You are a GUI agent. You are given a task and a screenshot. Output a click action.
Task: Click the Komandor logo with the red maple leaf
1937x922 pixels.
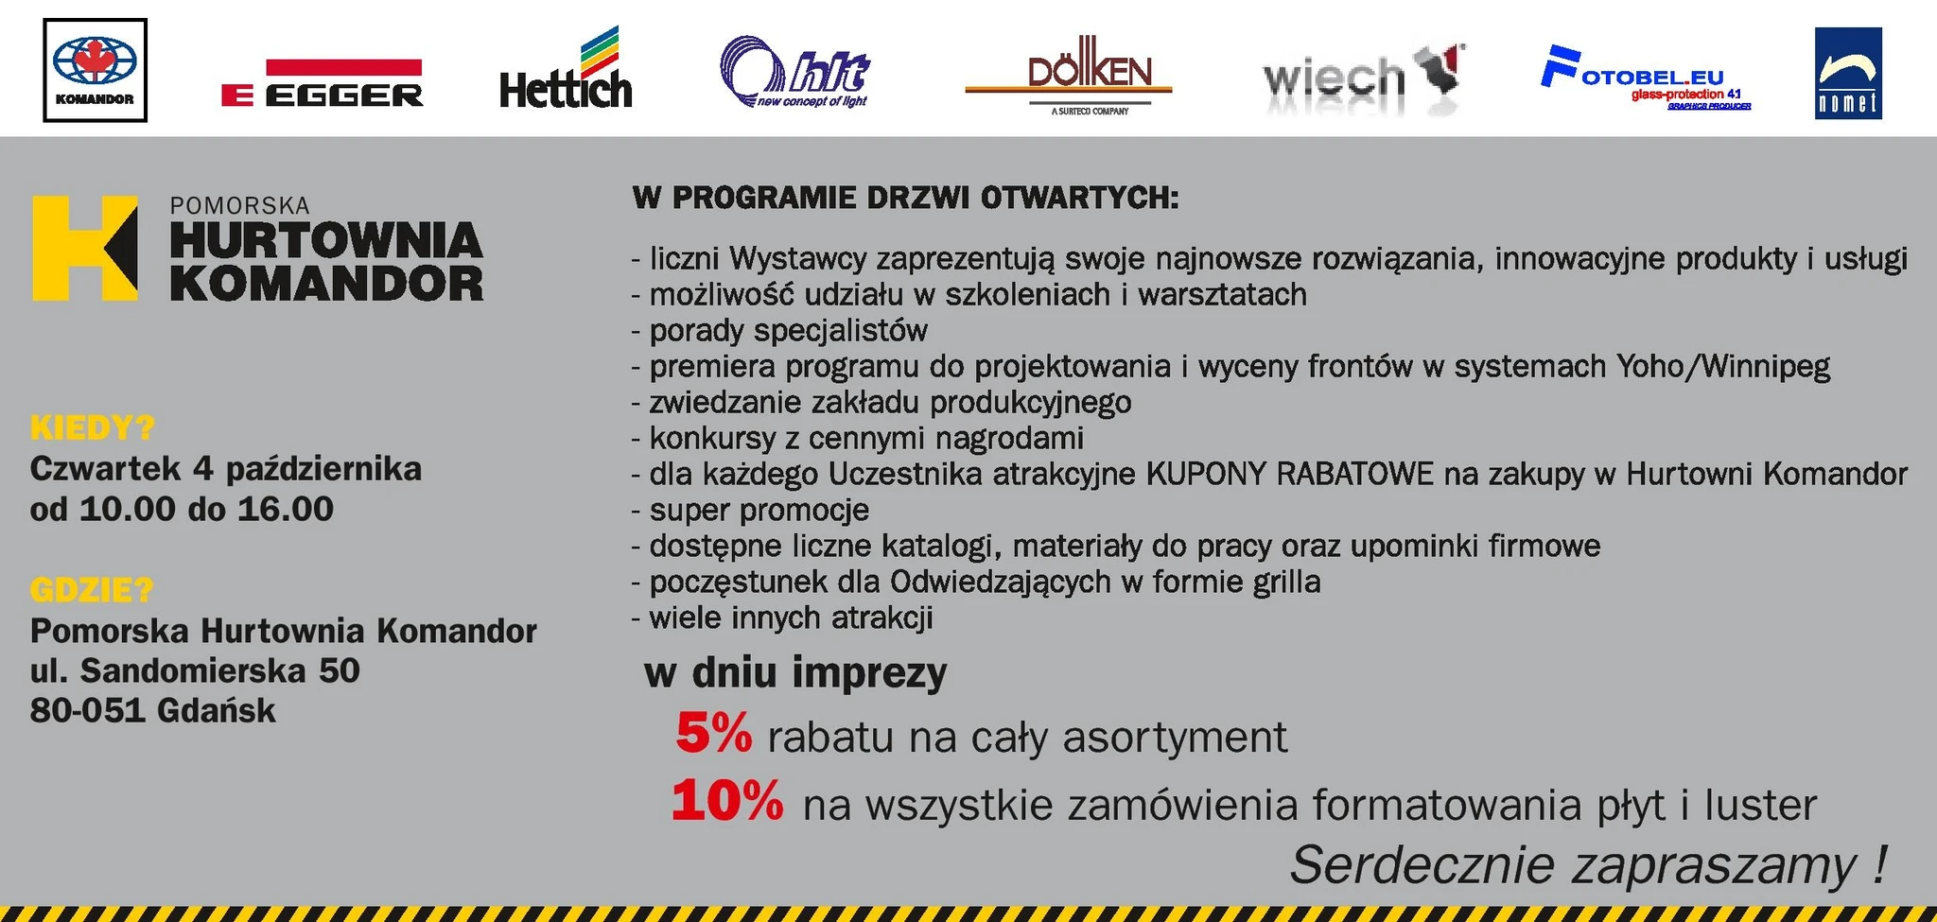[x=95, y=70]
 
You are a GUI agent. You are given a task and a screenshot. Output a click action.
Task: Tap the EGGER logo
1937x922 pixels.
[x=322, y=82]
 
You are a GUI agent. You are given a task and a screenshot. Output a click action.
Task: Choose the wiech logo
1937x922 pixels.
[x=1363, y=76]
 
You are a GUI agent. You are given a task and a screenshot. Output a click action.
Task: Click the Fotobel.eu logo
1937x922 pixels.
[x=1646, y=78]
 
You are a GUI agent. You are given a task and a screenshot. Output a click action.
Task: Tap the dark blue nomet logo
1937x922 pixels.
[x=1848, y=73]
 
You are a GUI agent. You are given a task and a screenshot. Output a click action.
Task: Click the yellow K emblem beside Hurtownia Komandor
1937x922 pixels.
[x=84, y=249]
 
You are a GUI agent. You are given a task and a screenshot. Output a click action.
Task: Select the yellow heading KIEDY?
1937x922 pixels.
[x=93, y=428]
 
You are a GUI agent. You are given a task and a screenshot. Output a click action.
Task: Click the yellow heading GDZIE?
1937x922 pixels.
[x=92, y=590]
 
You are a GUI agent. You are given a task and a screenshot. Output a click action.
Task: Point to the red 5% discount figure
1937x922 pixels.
[x=714, y=733]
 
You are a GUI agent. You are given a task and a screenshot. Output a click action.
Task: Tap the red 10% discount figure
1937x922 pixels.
[x=727, y=801]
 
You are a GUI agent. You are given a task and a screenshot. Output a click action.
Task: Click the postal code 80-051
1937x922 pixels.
[x=87, y=710]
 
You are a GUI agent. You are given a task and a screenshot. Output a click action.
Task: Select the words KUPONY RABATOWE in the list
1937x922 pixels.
[x=1290, y=473]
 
